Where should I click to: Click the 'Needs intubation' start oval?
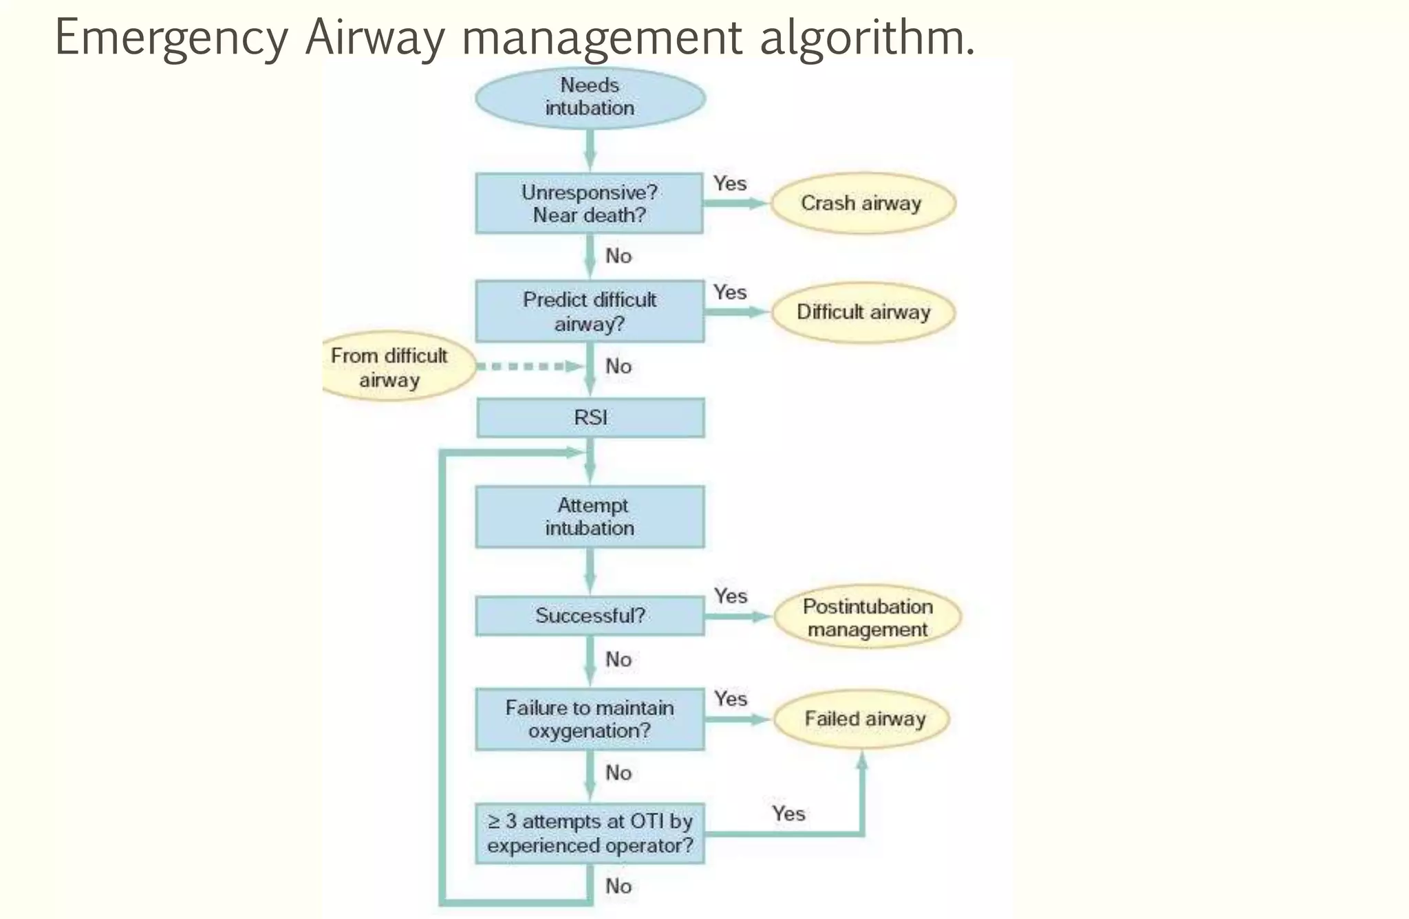coord(590,98)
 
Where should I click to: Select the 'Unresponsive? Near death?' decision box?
coord(590,204)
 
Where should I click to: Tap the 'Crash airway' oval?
coord(862,203)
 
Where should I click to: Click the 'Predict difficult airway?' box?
coord(590,311)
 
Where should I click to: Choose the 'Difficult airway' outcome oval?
coord(863,312)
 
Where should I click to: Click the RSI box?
coord(590,418)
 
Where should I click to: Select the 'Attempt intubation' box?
coord(590,517)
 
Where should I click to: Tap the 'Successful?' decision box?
coord(590,615)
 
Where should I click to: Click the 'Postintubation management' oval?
coord(868,617)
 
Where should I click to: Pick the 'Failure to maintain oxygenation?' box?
coord(590,719)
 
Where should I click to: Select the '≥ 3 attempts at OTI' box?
coord(590,833)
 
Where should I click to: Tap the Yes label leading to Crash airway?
coord(730,184)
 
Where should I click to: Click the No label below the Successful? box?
coord(618,659)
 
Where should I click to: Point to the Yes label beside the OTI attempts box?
coord(788,814)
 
